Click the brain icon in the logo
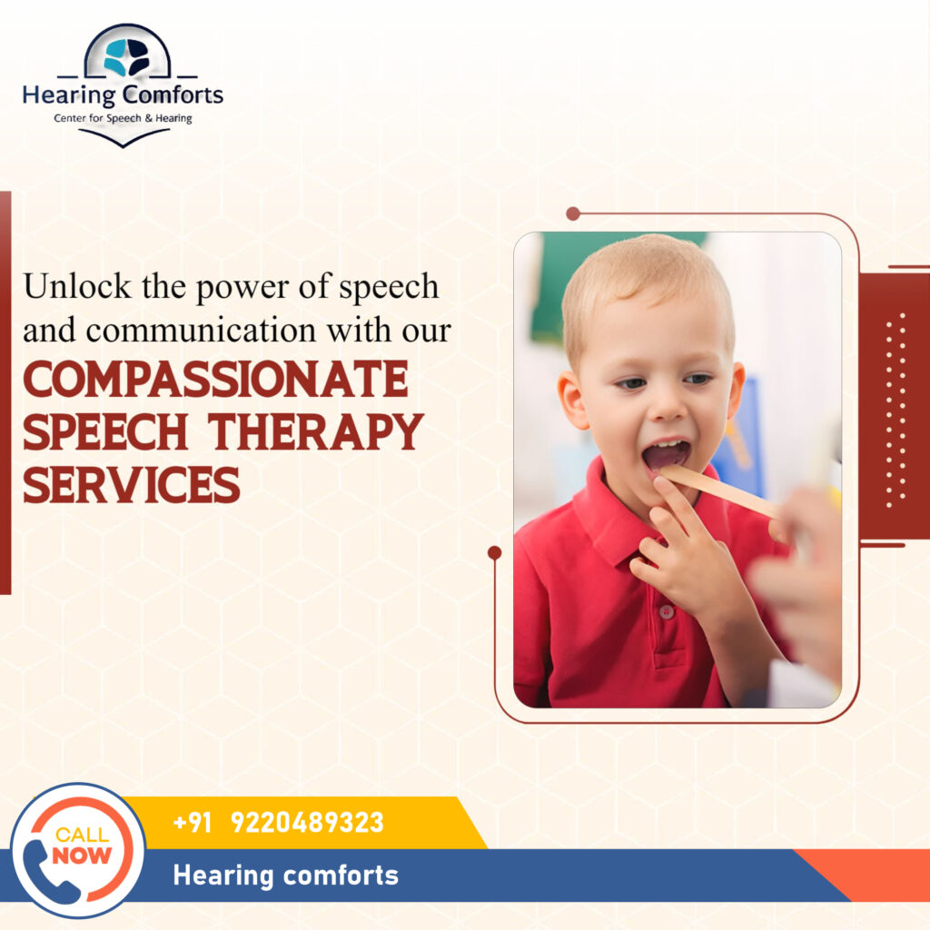[x=126, y=57]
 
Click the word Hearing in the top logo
[x=69, y=94]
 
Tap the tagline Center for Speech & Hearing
[x=123, y=118]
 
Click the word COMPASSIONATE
[x=215, y=381]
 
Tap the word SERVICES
[x=132, y=484]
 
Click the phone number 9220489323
[x=307, y=823]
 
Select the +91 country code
[x=192, y=823]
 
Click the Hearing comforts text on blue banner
[x=285, y=876]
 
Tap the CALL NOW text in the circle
[x=83, y=845]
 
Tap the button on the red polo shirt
[x=666, y=611]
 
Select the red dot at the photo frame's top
[x=572, y=213]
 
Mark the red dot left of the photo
[x=494, y=552]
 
